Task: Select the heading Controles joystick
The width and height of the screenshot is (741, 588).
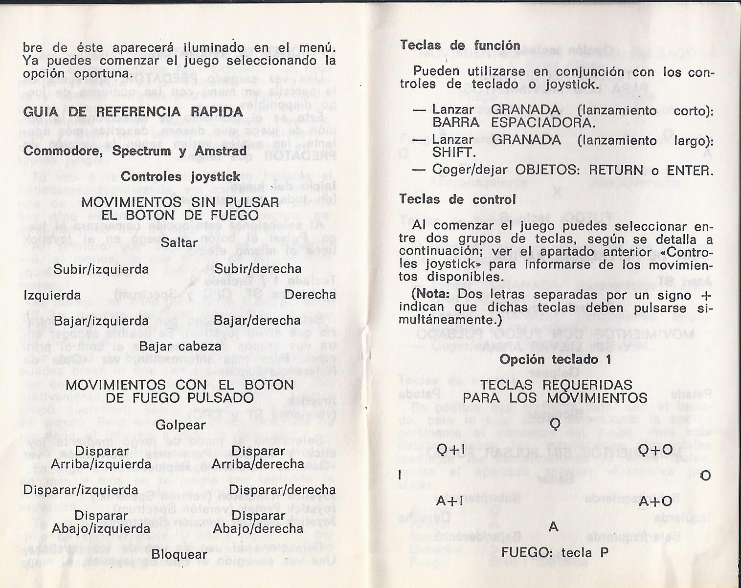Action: [x=180, y=176]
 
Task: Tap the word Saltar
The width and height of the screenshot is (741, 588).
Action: [x=179, y=242]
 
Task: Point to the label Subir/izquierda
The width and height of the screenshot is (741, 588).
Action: [x=101, y=269]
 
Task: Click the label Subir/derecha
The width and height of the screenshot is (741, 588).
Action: [x=258, y=269]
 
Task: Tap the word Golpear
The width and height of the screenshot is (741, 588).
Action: [x=180, y=425]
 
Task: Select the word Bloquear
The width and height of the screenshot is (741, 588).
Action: [x=180, y=554]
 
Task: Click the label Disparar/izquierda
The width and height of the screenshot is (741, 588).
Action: [x=81, y=490]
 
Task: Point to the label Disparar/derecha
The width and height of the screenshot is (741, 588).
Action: [x=282, y=490]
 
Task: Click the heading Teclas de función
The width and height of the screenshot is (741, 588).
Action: [x=460, y=45]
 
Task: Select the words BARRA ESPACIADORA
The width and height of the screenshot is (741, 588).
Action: [x=514, y=123]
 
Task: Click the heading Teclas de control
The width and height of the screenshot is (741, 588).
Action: [x=457, y=199]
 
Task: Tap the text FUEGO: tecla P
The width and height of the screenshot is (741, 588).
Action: [x=555, y=552]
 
